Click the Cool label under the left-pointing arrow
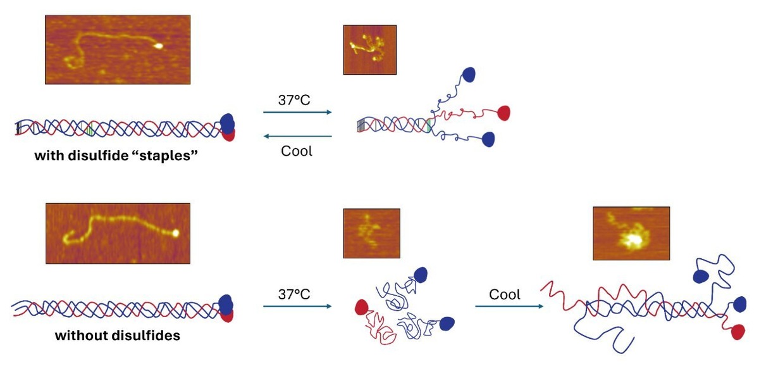297,152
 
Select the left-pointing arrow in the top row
297,136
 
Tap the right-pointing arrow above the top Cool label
297,113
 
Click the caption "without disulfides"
118,336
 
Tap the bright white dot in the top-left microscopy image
159,46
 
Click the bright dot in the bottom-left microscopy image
176,233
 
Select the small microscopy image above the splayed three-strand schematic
369,50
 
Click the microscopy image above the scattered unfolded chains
371,233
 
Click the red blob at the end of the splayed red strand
505,113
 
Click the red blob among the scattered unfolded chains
361,307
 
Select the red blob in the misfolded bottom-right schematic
737,331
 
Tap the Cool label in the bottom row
505,294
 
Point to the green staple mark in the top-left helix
90,130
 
